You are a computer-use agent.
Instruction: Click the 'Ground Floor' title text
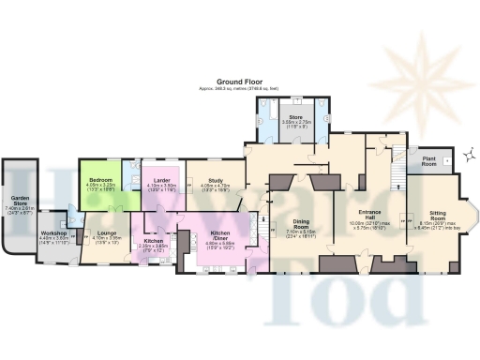pos(240,82)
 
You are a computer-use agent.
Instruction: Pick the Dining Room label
pos(301,223)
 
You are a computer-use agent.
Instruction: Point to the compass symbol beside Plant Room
pos(464,157)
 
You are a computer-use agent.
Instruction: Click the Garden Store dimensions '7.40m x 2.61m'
pos(18,209)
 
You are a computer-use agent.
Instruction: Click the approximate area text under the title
pos(240,89)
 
